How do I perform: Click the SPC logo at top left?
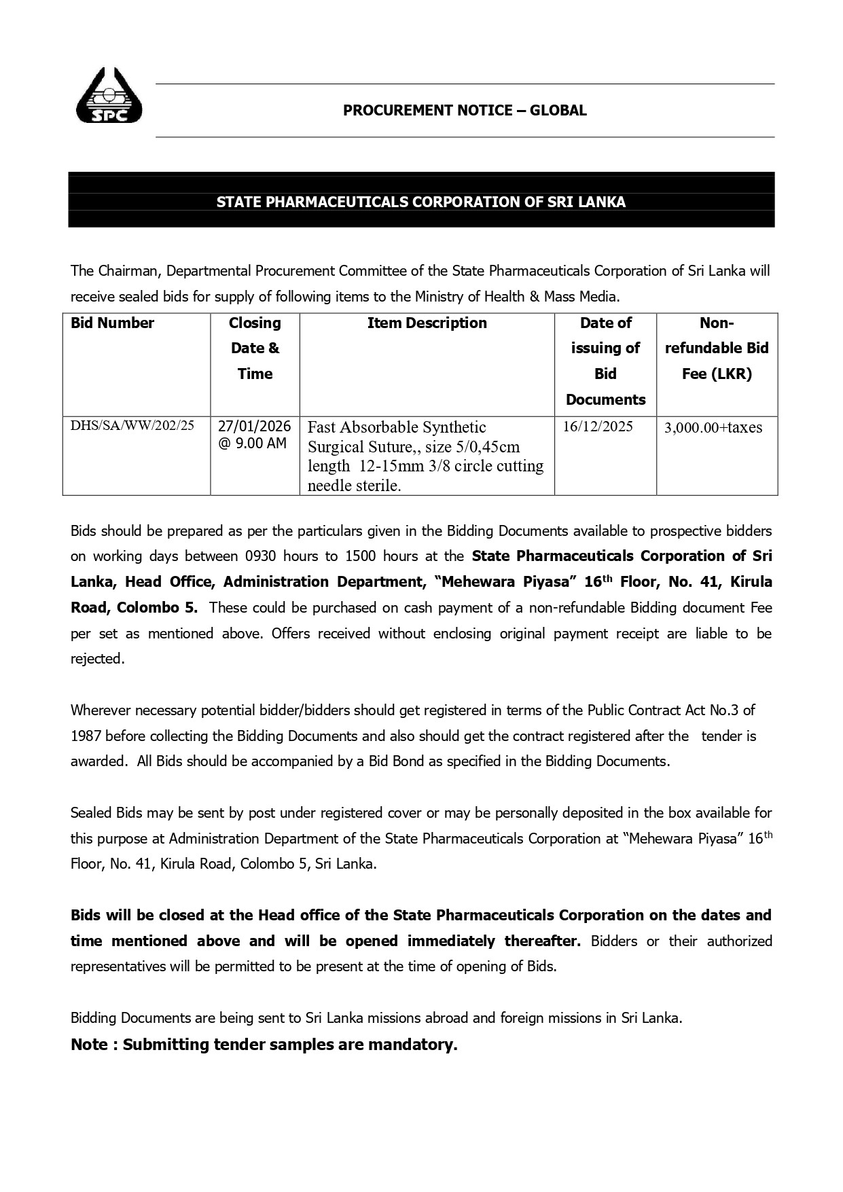pos(109,96)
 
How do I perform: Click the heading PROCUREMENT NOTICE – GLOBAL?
pos(465,111)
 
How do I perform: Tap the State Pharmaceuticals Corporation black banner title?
pos(420,202)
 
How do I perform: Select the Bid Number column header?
pos(112,323)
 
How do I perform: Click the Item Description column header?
pos(427,323)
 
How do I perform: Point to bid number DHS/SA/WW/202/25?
pos(132,426)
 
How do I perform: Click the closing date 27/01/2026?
pos(254,427)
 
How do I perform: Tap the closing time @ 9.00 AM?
pos(252,444)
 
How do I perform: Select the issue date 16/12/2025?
pos(598,427)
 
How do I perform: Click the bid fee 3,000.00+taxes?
pos(713,427)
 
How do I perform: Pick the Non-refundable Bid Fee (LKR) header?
pos(716,348)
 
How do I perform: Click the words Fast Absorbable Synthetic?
pos(397,427)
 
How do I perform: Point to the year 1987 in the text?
pos(86,736)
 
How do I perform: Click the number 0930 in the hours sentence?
pos(255,556)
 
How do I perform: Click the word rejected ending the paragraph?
pos(97,659)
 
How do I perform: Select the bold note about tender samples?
pos(264,1045)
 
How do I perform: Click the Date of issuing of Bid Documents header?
pos(605,361)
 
